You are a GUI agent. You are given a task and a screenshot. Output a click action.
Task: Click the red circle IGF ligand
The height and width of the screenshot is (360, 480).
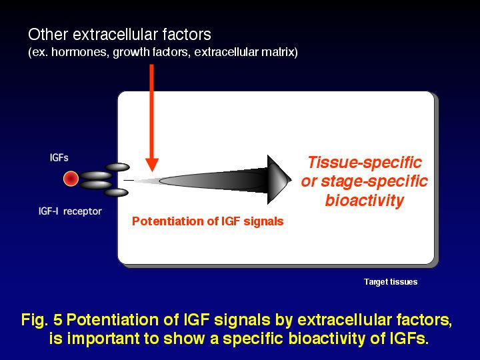pos(71,179)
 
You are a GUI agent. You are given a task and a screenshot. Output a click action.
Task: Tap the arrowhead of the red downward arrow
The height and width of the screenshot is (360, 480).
pos(152,165)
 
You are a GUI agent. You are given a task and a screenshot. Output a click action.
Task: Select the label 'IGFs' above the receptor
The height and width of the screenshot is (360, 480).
pos(59,158)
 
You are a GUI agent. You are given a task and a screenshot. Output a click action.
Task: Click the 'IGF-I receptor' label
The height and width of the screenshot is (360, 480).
pos(70,211)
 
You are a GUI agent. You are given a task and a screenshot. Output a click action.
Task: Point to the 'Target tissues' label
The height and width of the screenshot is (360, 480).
pos(391,281)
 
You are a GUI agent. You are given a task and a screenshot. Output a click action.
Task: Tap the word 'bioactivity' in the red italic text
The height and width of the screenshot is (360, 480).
pos(364,201)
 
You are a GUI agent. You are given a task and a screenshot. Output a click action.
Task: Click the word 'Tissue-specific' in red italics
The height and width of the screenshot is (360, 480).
pos(365,162)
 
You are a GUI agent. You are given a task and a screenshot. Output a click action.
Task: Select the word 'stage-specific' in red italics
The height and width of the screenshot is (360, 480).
pos(374,181)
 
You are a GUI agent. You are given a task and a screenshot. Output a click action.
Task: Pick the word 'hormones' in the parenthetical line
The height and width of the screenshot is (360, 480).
pos(79,52)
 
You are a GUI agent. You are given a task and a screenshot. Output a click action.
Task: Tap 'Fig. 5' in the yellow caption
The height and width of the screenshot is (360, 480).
pos(42,320)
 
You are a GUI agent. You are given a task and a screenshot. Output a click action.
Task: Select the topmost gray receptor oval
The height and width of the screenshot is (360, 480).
pos(117,167)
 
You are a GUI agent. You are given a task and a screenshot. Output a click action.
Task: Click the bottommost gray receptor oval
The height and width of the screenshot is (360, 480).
pos(116,193)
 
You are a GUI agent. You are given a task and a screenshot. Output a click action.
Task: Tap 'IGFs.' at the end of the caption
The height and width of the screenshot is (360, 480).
pos(409,339)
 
